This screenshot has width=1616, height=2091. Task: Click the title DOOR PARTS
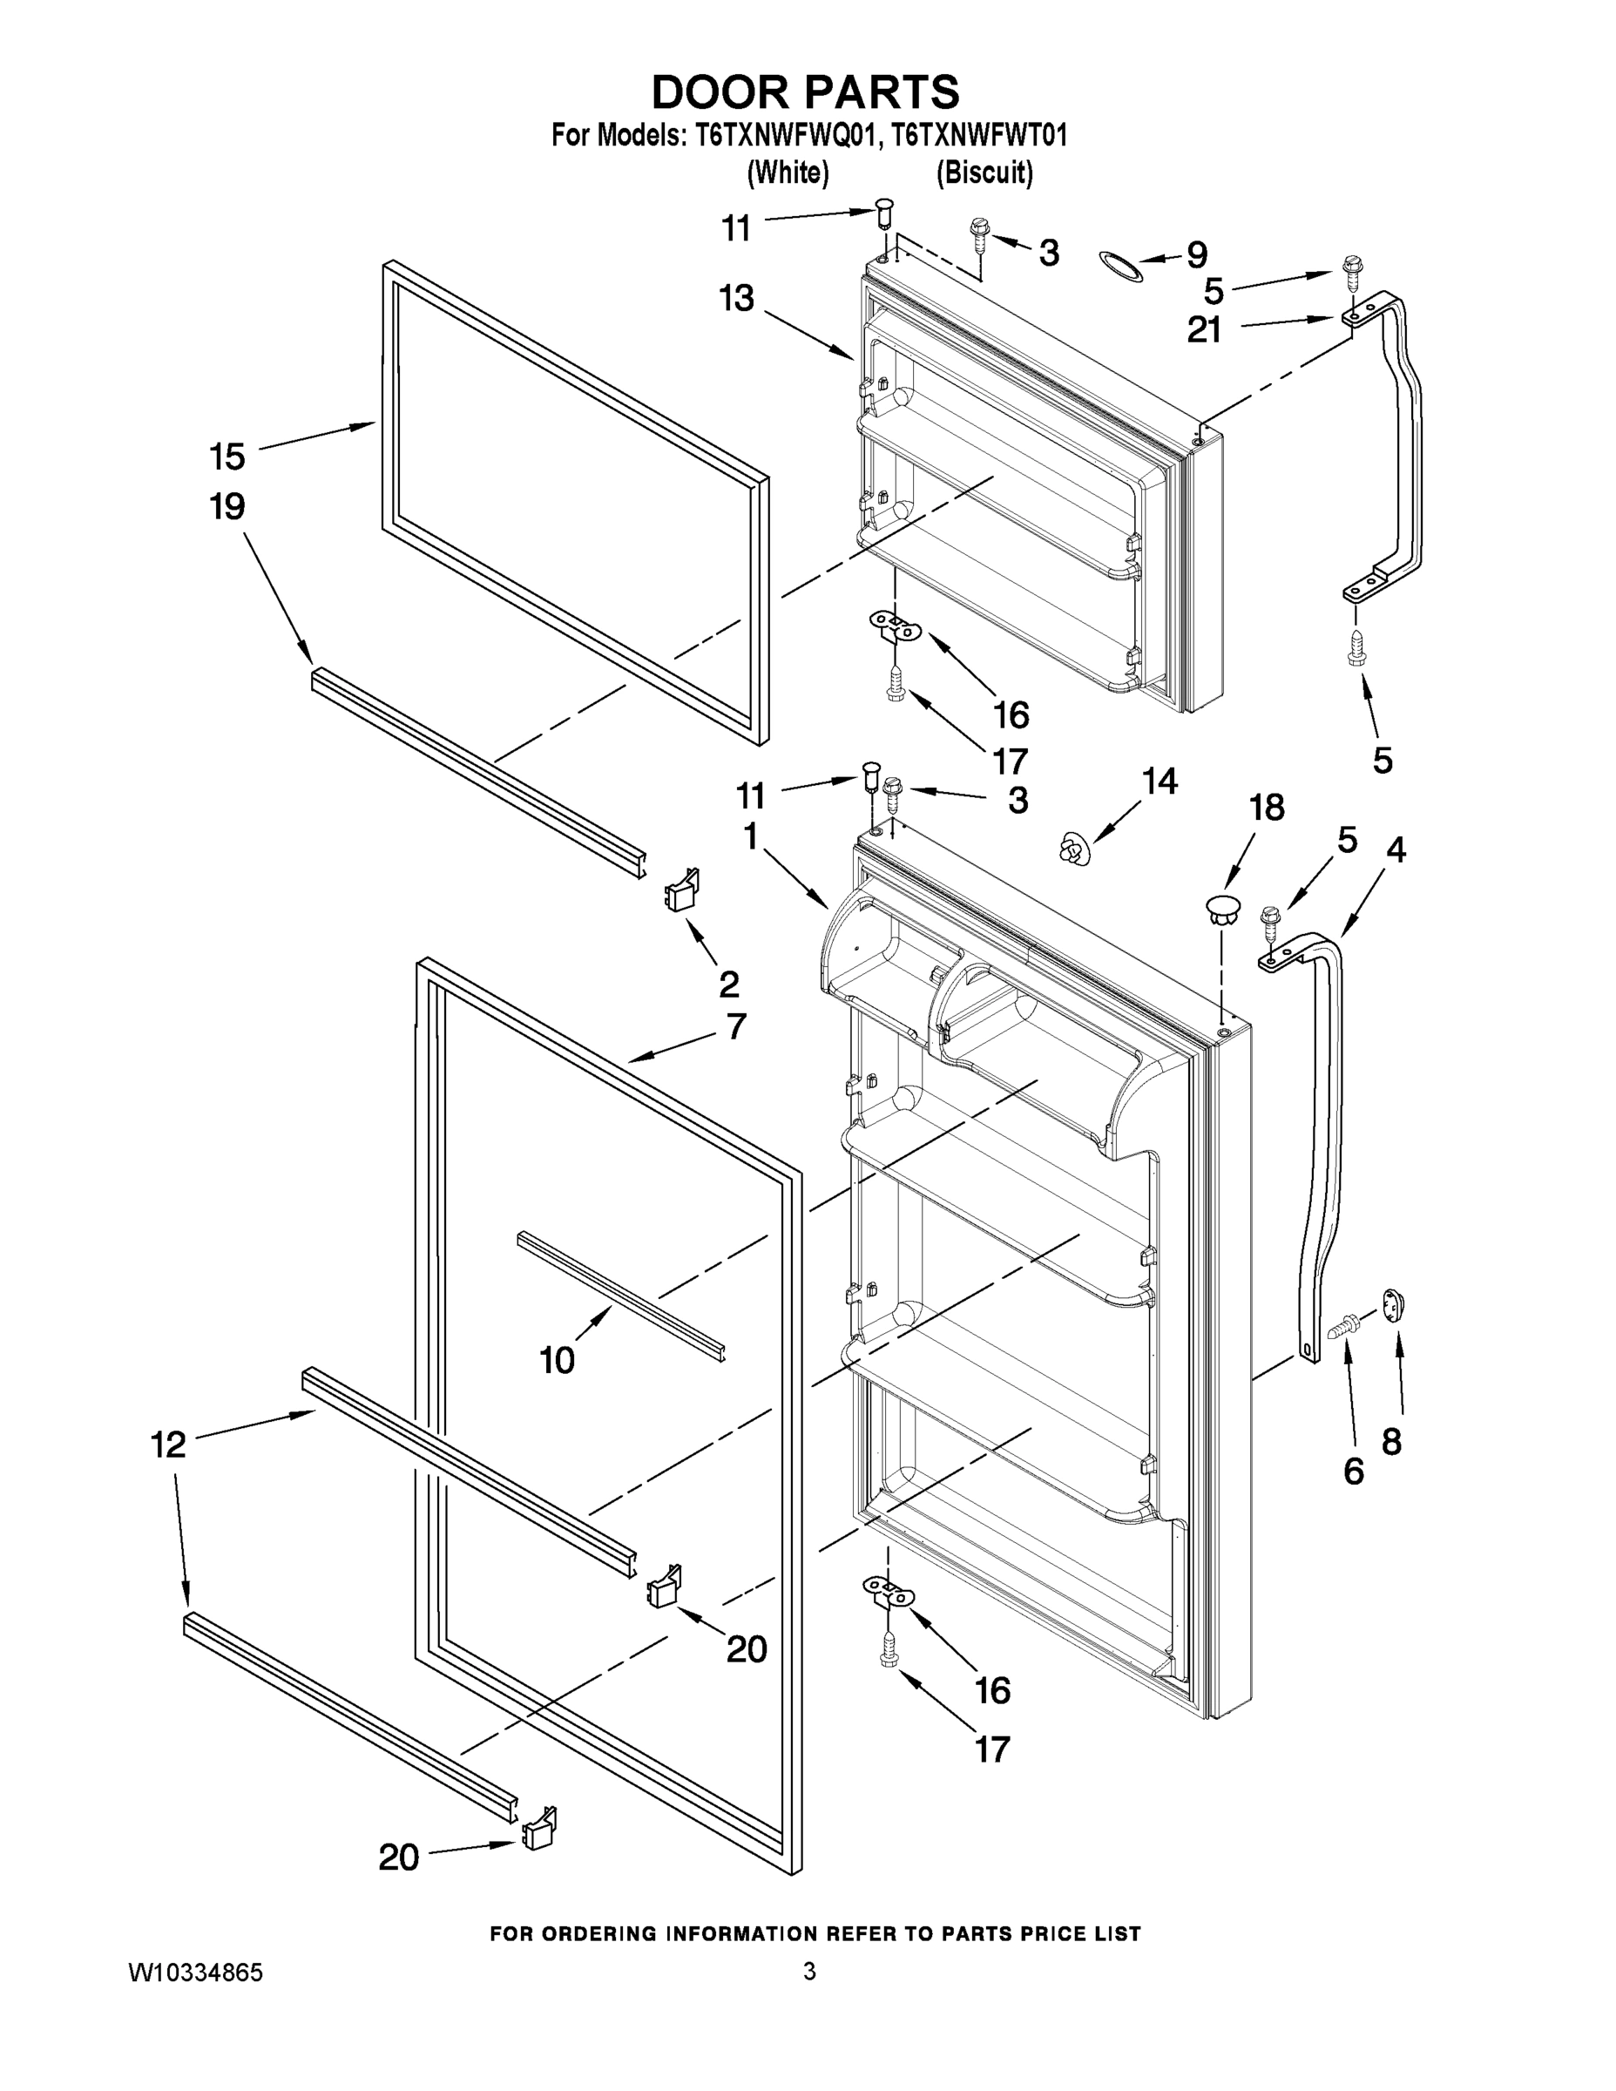coord(805,91)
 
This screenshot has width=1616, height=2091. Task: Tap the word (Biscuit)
coord(984,173)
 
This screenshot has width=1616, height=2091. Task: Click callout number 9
coord(1197,254)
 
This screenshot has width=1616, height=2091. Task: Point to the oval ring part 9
coord(1120,267)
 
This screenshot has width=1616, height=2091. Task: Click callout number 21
coord(1204,330)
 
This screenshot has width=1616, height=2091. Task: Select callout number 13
coord(737,299)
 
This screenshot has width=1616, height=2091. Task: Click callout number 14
coord(1160,782)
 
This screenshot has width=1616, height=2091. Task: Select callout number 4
coord(1396,849)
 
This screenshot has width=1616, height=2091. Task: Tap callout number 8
coord(1391,1442)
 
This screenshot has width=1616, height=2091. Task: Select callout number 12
coord(168,1445)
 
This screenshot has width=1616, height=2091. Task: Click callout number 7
coord(735,1027)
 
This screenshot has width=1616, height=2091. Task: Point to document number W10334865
coord(195,1973)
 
